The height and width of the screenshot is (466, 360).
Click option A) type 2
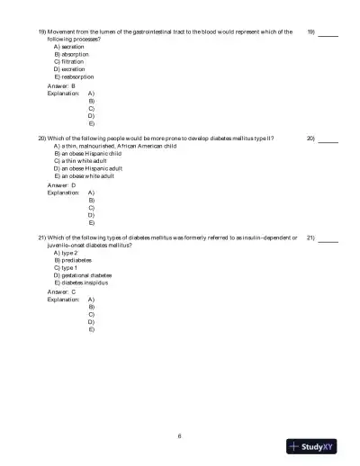click(x=67, y=253)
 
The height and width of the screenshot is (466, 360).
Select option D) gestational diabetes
click(x=83, y=275)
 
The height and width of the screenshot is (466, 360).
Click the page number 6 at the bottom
click(x=180, y=435)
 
